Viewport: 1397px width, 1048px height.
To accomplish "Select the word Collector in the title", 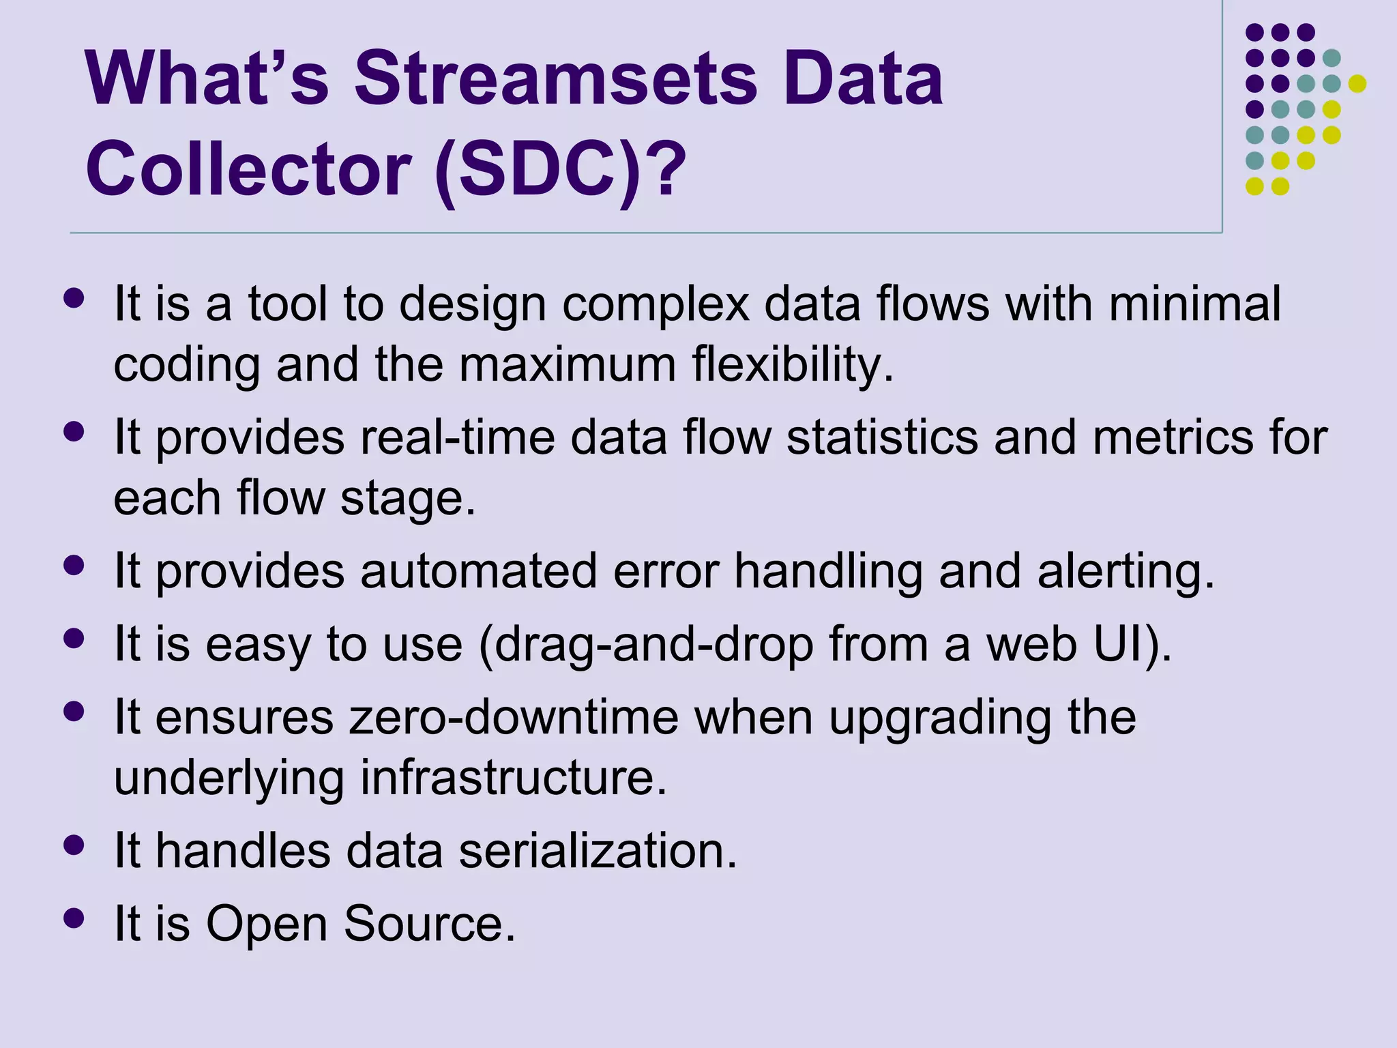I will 249,169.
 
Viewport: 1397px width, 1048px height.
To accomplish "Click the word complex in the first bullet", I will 655,304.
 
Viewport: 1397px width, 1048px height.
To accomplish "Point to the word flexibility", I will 792,365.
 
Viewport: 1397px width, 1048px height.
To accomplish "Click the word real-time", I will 457,437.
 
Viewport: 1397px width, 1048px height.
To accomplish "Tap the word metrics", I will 1173,437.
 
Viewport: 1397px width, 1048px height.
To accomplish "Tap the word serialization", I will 598,851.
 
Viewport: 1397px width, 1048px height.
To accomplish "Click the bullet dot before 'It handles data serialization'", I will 73,845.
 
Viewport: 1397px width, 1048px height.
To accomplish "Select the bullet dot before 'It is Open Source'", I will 73,918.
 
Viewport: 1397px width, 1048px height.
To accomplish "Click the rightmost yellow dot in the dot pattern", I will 1357,83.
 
